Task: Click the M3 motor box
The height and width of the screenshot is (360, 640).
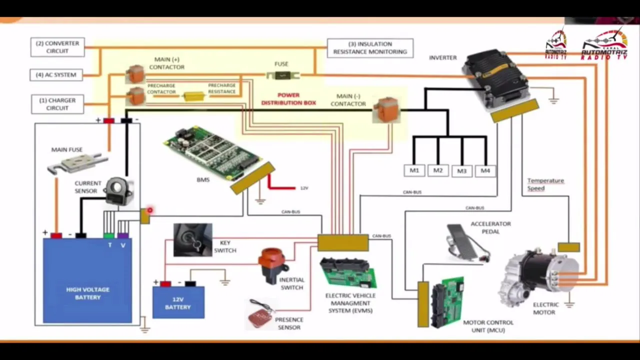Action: pyautogui.click(x=461, y=171)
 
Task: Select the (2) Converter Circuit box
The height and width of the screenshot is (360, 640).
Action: pyautogui.click(x=57, y=47)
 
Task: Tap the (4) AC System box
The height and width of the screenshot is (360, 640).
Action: pyautogui.click(x=56, y=75)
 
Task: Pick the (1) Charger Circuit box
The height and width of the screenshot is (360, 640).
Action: pyautogui.click(x=57, y=104)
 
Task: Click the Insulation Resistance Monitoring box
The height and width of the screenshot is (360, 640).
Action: pyautogui.click(x=370, y=48)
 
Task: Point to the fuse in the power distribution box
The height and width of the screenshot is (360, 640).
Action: pyautogui.click(x=282, y=75)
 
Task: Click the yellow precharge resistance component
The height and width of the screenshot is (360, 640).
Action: pyautogui.click(x=193, y=95)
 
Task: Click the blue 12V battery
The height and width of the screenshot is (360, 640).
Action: pyautogui.click(x=178, y=302)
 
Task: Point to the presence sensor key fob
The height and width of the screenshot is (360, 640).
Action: pyautogui.click(x=260, y=315)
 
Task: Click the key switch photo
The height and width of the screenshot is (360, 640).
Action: pyautogui.click(x=192, y=240)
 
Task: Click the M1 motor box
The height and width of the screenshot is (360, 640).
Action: pyautogui.click(x=414, y=170)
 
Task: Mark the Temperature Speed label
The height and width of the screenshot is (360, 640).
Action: pyautogui.click(x=545, y=184)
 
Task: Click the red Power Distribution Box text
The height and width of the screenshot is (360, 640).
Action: pyautogui.click(x=288, y=99)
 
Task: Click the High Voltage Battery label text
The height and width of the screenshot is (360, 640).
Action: pyautogui.click(x=87, y=293)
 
